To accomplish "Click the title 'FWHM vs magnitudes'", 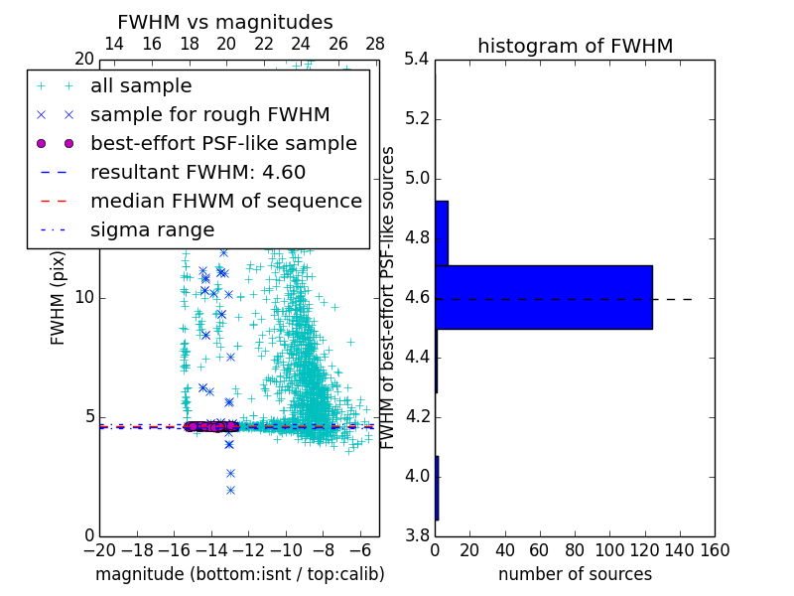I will pos(225,23).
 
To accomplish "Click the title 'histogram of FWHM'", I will pos(575,46).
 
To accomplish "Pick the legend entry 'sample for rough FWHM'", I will pos(209,114).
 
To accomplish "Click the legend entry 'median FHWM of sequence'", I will pos(225,201).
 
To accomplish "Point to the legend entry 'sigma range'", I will pos(152,229).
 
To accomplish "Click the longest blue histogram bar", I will pos(543,297).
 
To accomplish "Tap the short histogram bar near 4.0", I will pos(437,488).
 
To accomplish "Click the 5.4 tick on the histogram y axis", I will pos(417,60).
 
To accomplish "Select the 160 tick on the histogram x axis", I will pos(715,550).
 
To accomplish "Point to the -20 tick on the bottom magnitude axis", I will pos(99,550).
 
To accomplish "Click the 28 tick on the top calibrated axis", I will pos(375,44).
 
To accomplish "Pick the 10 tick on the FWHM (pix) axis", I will pos(84,298).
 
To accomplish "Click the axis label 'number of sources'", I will pos(575,574).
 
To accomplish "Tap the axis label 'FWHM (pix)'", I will pos(59,297).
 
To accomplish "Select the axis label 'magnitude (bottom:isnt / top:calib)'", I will pos(239,574).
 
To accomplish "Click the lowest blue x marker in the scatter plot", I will pos(230,490).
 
